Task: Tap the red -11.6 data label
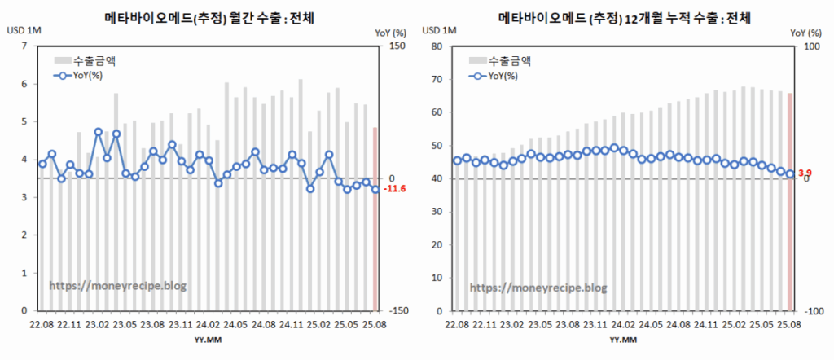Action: (x=394, y=189)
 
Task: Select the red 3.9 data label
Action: (x=805, y=173)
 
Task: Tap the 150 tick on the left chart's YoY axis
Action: (x=397, y=46)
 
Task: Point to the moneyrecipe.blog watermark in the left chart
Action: (x=118, y=286)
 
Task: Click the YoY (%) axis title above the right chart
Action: (x=805, y=33)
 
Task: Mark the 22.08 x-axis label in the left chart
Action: (x=42, y=323)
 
